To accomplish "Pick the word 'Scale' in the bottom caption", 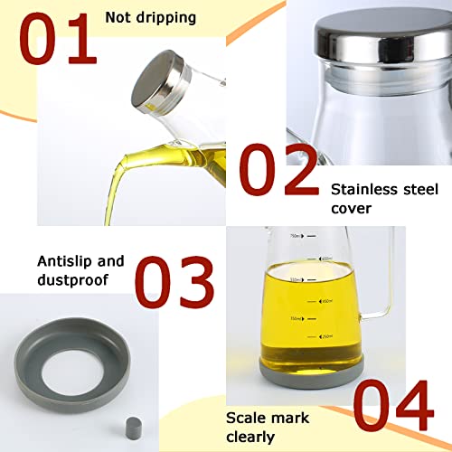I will tap(247, 418).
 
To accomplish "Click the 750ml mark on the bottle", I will tap(294, 235).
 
